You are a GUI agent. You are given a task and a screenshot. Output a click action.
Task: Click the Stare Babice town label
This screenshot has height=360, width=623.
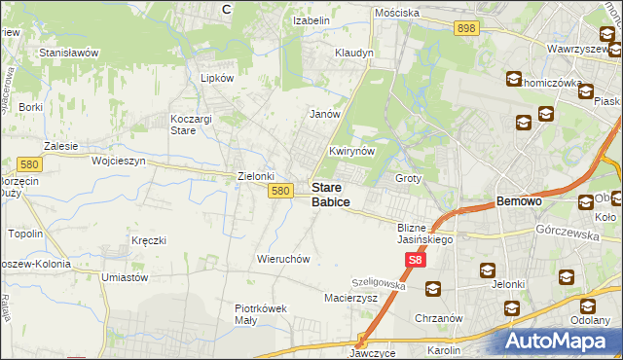(x=330, y=195)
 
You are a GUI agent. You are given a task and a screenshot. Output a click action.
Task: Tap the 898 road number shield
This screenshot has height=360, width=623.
(x=465, y=29)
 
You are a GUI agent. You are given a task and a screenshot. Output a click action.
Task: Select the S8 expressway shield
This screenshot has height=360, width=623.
(x=416, y=260)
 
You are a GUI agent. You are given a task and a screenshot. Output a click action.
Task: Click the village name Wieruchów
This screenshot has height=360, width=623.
(x=282, y=259)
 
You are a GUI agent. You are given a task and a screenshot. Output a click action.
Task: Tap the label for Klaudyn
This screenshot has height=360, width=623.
(x=354, y=53)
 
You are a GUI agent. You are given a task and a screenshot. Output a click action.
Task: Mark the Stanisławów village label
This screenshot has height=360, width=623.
(x=69, y=53)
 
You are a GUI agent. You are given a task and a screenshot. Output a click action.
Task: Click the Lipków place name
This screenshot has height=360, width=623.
(x=217, y=78)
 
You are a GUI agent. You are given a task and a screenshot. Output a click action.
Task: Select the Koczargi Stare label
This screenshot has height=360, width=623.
(x=184, y=124)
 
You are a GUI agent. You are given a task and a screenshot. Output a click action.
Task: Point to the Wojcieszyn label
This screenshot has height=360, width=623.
(x=118, y=161)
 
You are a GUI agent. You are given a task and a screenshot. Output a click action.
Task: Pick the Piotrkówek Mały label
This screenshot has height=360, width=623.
(x=261, y=313)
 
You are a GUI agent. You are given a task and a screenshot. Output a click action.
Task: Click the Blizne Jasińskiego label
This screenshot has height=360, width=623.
(x=421, y=234)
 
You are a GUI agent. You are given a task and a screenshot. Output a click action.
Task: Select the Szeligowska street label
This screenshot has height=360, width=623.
(x=378, y=280)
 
